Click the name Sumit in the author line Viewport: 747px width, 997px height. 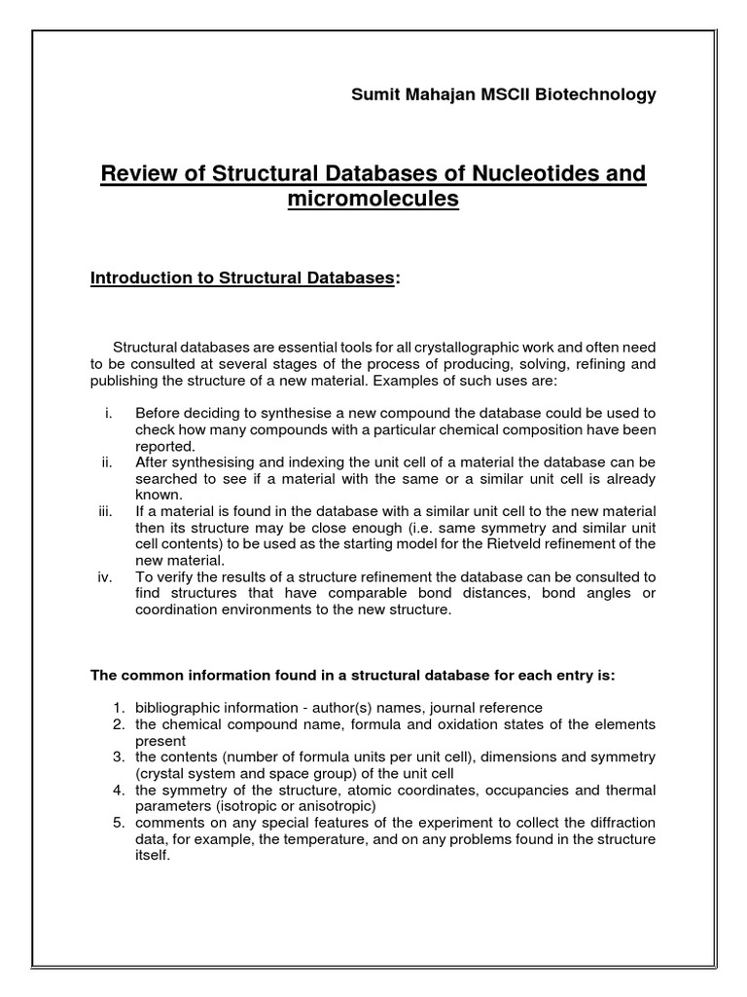(373, 94)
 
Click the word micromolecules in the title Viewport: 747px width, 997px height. (373, 200)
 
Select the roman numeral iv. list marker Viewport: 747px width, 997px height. (107, 576)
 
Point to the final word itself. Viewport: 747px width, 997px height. (153, 856)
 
